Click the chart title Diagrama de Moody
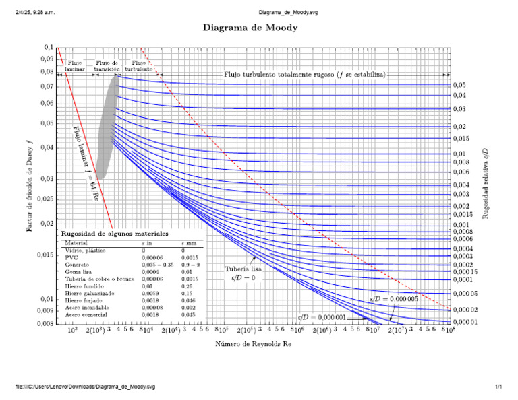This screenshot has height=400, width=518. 250,28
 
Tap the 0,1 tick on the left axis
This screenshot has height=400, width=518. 48,47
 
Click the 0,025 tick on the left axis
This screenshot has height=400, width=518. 45,199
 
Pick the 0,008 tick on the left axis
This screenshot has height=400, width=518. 45,324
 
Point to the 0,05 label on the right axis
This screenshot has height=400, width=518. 459,85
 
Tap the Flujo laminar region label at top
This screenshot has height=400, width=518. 74,65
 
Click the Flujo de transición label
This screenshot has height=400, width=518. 107,65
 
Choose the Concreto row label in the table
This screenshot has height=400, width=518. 77,265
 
